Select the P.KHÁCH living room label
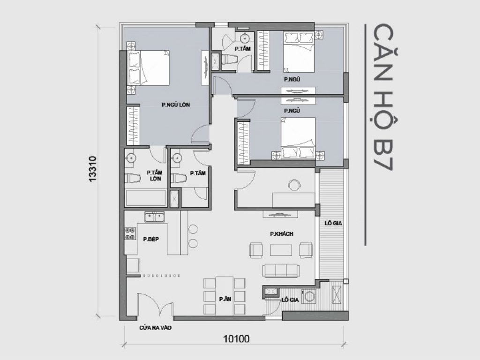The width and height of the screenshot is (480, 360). point(281,234)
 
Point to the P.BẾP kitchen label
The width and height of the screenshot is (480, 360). point(151,239)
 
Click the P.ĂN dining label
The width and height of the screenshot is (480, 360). point(224,299)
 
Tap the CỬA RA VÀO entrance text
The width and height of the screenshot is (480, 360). point(155,328)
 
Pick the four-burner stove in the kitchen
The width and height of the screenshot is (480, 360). point(130,233)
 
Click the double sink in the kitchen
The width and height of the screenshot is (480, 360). point(154,217)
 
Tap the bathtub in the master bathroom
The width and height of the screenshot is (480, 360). point(145,198)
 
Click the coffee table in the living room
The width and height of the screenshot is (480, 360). point(281,250)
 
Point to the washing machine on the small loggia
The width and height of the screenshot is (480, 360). point(309,296)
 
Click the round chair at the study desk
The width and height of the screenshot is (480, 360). point(295,185)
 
